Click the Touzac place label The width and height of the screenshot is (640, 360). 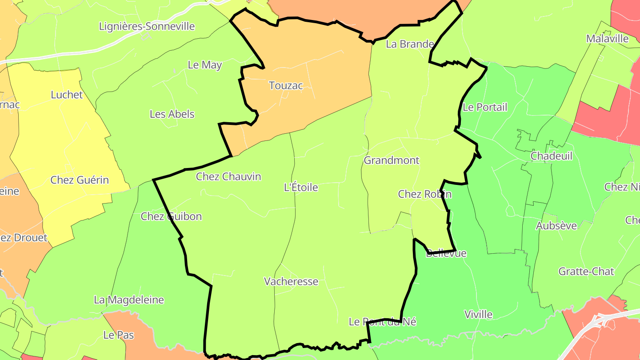286,86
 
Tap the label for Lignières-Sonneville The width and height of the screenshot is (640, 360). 147,26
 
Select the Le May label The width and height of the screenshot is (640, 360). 204,65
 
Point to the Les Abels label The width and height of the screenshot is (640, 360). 172,114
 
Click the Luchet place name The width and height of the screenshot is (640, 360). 67,95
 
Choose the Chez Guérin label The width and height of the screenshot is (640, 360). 80,180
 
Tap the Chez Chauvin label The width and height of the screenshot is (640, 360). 228,177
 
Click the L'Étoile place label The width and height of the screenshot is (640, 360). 301,188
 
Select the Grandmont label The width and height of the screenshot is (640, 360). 391,160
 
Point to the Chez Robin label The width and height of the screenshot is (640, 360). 424,194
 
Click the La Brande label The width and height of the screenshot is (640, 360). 409,44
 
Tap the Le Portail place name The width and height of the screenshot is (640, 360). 484,108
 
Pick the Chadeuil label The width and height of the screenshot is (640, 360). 551,156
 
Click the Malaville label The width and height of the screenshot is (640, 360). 607,39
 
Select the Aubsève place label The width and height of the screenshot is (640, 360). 556,226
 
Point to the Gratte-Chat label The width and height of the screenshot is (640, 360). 586,272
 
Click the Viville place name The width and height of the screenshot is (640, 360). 478,315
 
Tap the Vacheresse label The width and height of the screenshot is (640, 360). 291,282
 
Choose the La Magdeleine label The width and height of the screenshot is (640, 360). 128,300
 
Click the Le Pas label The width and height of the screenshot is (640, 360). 118,335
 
